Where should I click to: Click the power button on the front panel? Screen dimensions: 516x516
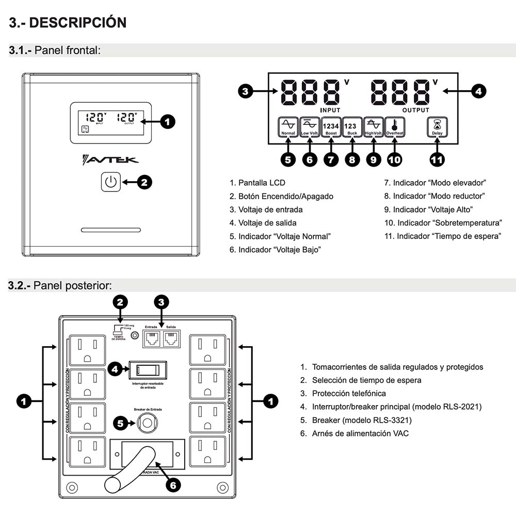pyautogui.click(x=111, y=182)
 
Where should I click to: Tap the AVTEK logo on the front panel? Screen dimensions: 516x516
pyautogui.click(x=110, y=160)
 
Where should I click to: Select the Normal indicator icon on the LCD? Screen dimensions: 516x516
pyautogui.click(x=288, y=126)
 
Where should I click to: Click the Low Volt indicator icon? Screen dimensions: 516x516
pyautogui.click(x=310, y=126)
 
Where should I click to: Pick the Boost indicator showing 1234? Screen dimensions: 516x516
pyautogui.click(x=331, y=126)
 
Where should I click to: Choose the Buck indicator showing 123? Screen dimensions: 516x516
pyautogui.click(x=352, y=126)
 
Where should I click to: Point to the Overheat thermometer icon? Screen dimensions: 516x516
pyautogui.click(x=394, y=126)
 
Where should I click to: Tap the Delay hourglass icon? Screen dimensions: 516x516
pyautogui.click(x=437, y=126)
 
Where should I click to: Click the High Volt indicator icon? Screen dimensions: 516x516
pyautogui.click(x=373, y=126)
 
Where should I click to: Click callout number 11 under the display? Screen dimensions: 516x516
pyautogui.click(x=437, y=159)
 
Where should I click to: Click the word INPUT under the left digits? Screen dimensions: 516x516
pyautogui.click(x=331, y=110)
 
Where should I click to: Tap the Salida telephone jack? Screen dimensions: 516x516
pyautogui.click(x=171, y=338)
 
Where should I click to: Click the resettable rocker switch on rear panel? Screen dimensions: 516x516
pyautogui.click(x=148, y=370)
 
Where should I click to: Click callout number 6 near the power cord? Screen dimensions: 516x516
pyautogui.click(x=173, y=486)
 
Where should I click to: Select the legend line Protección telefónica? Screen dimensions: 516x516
pyautogui.click(x=348, y=394)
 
